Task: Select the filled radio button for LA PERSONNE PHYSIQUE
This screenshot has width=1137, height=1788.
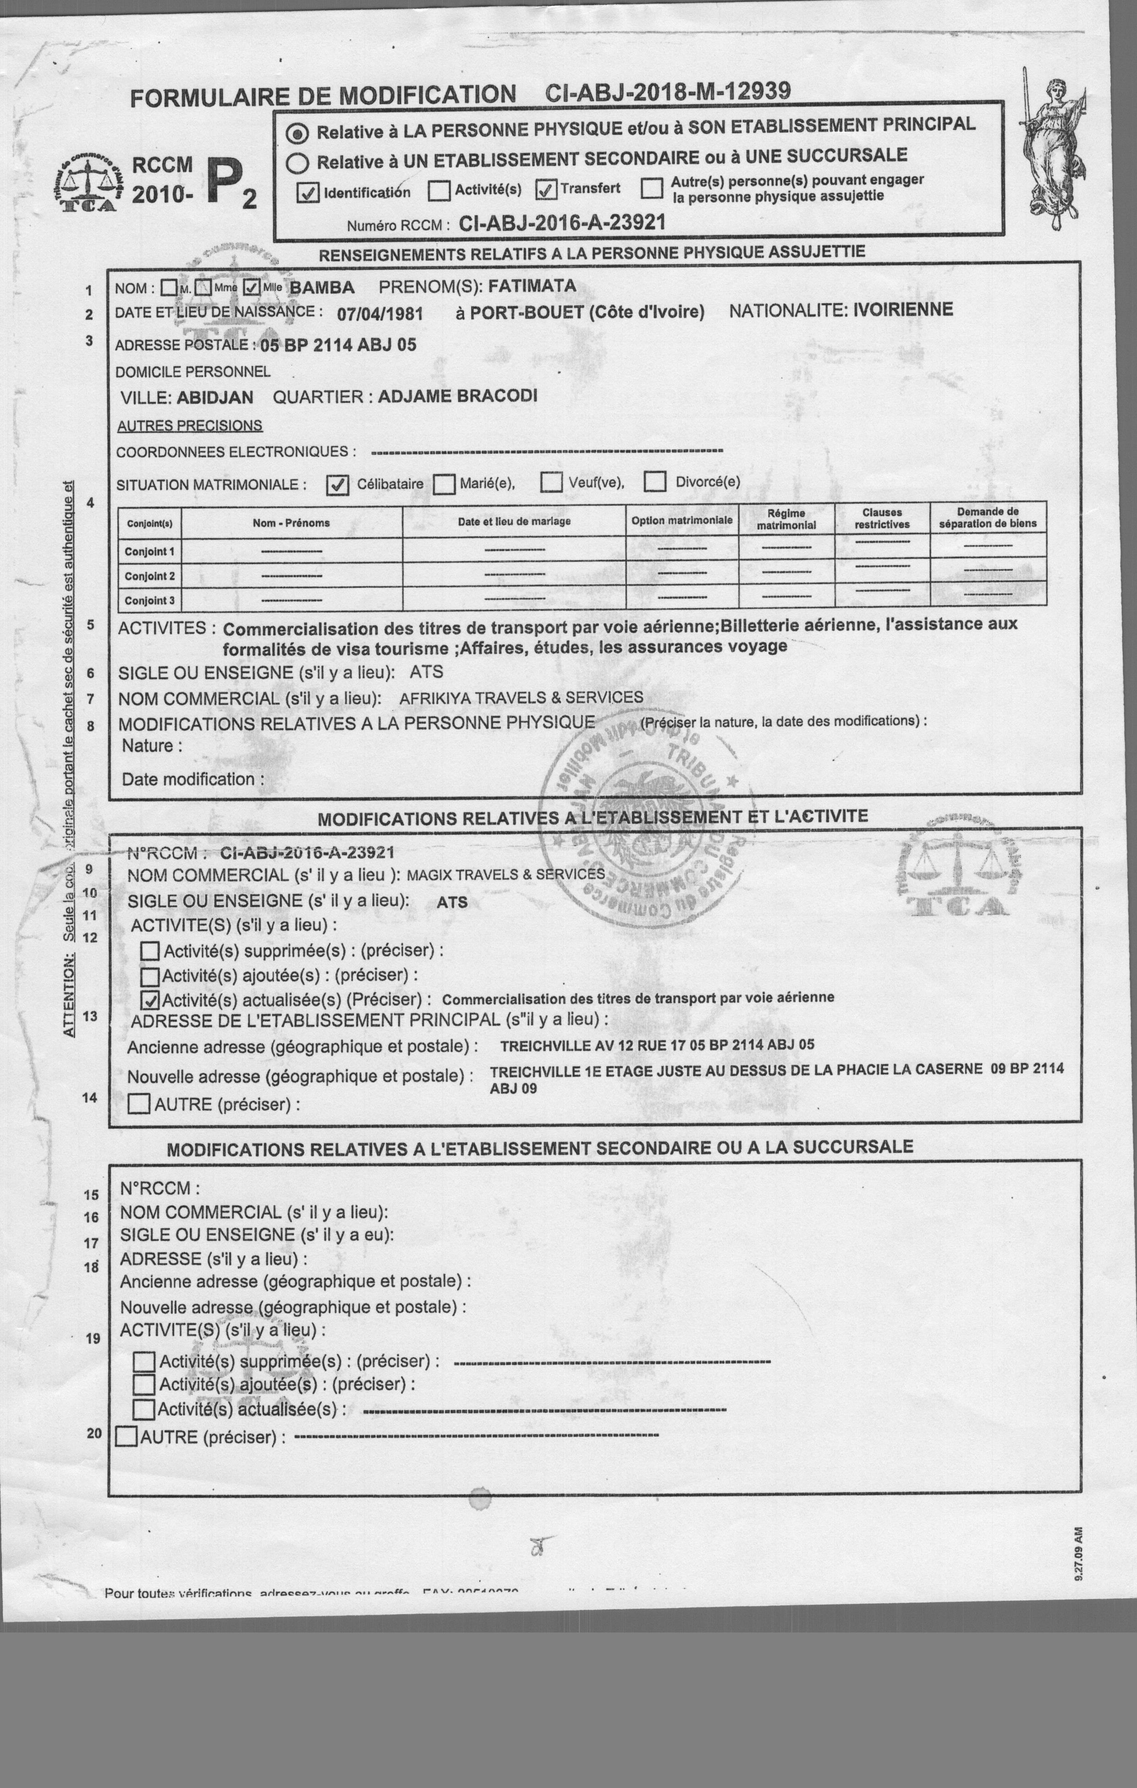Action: pyautogui.click(x=298, y=134)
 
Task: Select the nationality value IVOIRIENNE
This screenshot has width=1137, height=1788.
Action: pyautogui.click(x=902, y=310)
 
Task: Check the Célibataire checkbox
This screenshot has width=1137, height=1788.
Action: pyautogui.click(x=338, y=485)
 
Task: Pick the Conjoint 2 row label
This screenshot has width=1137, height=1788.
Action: pyautogui.click(x=149, y=576)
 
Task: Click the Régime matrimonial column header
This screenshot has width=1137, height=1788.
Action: pyautogui.click(x=786, y=519)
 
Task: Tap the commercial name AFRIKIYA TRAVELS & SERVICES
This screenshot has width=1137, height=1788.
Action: pyautogui.click(x=521, y=698)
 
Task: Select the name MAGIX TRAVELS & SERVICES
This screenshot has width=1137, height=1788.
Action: pyautogui.click(x=505, y=875)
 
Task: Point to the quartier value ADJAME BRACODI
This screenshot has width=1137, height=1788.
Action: pyautogui.click(x=457, y=396)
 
